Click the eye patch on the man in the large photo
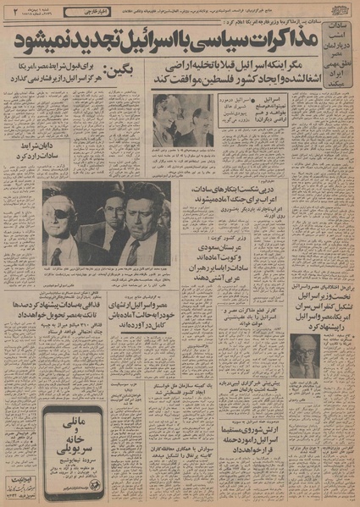pos(61,205)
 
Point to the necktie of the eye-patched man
pos(57,254)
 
